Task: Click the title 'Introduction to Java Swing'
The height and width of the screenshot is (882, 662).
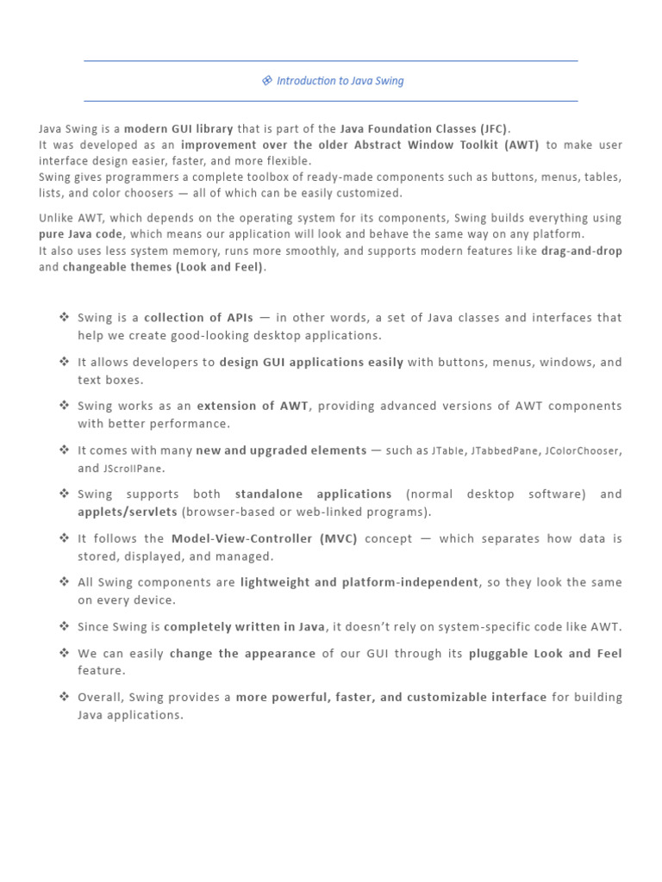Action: tap(340, 81)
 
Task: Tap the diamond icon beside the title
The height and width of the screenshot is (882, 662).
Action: tap(267, 81)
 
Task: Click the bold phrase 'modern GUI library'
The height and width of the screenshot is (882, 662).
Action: tap(179, 129)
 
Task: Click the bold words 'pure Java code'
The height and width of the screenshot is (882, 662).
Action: tap(81, 234)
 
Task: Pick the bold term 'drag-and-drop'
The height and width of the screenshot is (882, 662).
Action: tap(581, 252)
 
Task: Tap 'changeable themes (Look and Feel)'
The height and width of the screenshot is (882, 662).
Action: tap(164, 267)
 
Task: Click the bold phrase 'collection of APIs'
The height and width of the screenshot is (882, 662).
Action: tap(199, 318)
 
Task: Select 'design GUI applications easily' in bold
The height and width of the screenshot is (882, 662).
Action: tap(311, 363)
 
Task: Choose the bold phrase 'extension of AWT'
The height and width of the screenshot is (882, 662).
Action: tap(253, 406)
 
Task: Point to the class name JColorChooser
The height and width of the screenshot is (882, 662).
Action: tap(583, 450)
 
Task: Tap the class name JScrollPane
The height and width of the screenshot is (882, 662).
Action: tap(133, 469)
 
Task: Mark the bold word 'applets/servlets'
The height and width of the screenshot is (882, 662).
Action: tap(128, 512)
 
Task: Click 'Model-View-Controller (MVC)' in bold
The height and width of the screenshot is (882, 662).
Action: tap(264, 538)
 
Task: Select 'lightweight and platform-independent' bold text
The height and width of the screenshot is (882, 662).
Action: tap(359, 582)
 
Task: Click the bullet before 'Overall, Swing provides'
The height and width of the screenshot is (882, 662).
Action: tap(65, 696)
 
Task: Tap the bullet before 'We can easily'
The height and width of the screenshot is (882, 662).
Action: tap(65, 652)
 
